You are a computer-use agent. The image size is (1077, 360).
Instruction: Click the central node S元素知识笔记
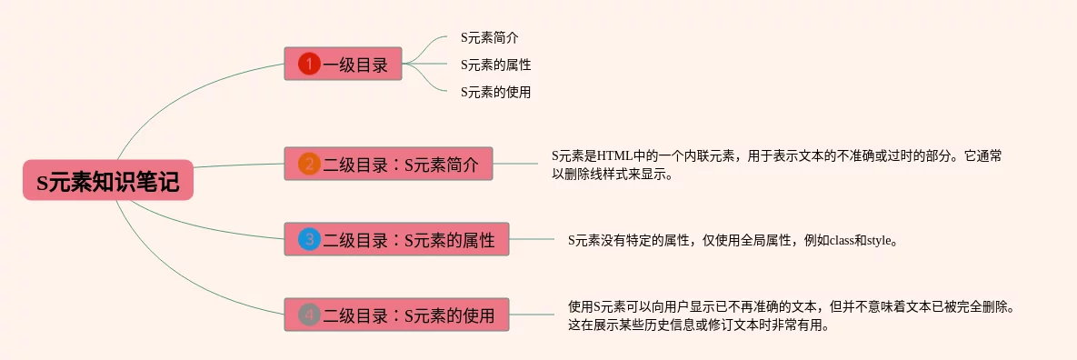(108, 180)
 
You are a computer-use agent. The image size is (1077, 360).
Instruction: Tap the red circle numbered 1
(309, 65)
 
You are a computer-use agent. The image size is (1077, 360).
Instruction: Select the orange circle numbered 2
(309, 165)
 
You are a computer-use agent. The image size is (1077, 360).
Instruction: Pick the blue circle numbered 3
(309, 239)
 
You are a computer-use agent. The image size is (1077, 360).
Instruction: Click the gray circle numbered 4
(309, 315)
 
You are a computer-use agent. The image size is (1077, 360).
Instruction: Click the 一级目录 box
(343, 64)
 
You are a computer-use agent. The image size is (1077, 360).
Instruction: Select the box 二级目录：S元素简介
(389, 164)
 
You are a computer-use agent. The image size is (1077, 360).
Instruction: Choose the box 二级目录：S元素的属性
(396, 239)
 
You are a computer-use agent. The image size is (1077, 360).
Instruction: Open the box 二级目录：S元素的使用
(396, 315)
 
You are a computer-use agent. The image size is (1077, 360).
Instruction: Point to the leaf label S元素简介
(489, 38)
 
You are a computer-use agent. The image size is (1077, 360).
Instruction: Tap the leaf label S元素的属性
(496, 65)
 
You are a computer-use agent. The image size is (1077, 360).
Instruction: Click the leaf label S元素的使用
(496, 92)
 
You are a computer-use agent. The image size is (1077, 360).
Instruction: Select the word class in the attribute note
(842, 241)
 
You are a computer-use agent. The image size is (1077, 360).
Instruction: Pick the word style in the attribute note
(879, 241)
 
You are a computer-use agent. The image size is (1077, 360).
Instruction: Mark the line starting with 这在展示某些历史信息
(699, 325)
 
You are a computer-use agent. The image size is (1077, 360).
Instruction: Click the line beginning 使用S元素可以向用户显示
(792, 306)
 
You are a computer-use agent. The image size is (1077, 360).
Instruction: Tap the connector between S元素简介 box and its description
(516, 164)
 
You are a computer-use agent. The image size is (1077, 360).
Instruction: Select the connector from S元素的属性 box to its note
(532, 239)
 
